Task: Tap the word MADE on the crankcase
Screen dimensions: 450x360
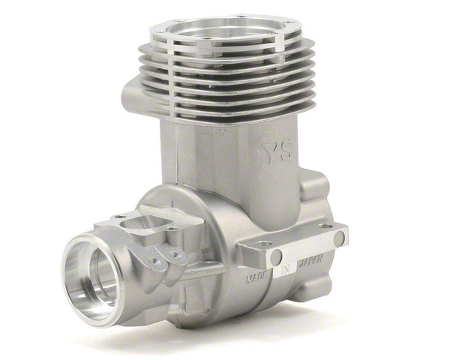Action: [x=257, y=278]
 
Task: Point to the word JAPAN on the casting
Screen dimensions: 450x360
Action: [x=311, y=260]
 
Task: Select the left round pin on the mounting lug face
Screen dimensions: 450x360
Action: [x=276, y=256]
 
